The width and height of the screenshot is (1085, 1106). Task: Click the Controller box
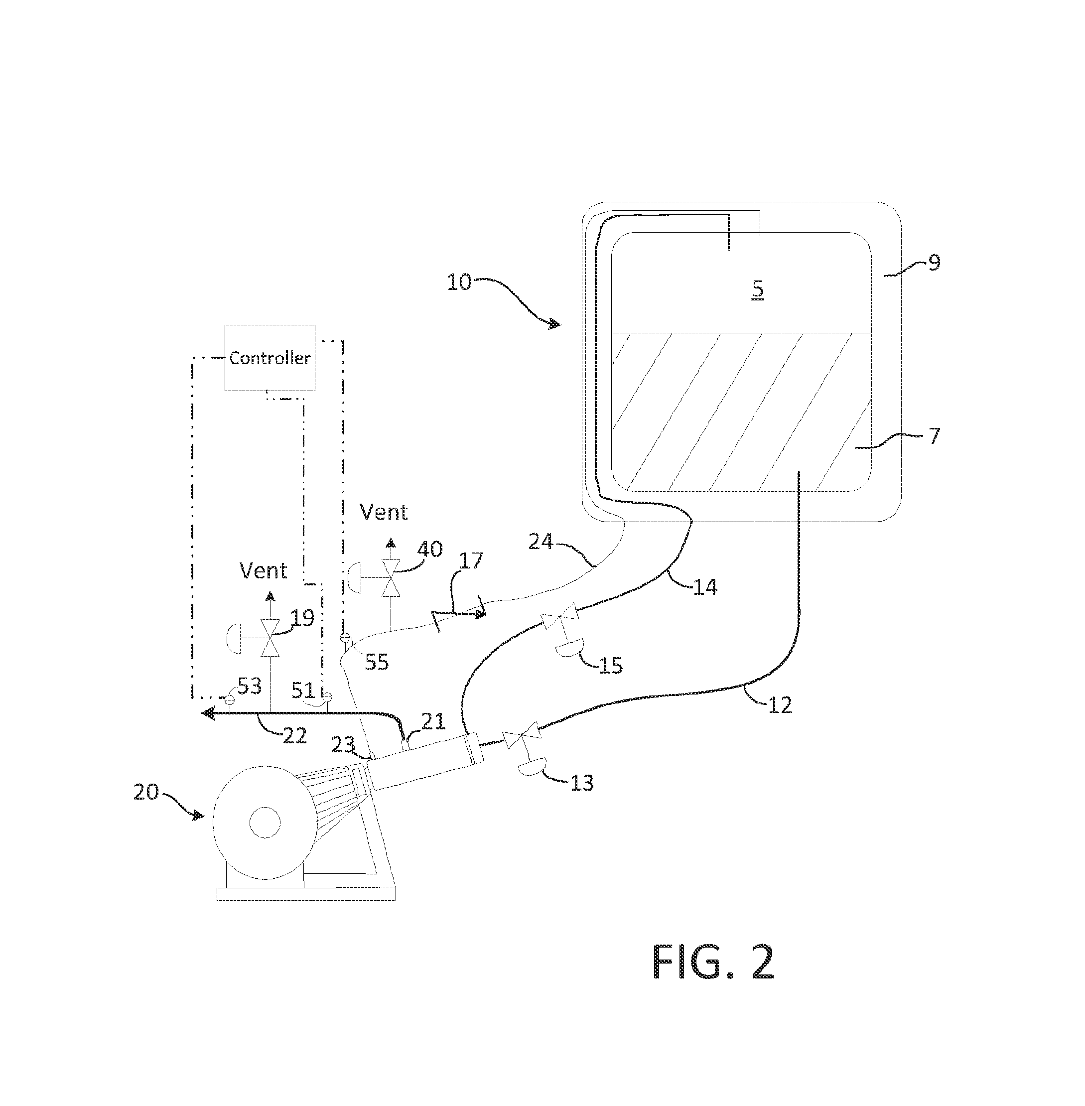tap(270, 358)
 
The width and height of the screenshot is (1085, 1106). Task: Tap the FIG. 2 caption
tap(713, 963)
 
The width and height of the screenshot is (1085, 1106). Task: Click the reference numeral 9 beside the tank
tap(934, 262)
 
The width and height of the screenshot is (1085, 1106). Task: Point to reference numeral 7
tap(935, 436)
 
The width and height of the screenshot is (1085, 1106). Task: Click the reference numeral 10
tap(459, 282)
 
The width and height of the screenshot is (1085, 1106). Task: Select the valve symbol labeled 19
tap(270, 637)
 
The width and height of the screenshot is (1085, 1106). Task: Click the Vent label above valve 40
tap(384, 512)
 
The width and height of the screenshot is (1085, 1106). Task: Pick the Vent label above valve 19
tap(263, 570)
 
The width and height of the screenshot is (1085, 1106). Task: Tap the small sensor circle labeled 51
tap(327, 696)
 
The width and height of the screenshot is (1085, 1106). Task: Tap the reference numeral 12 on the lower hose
tap(780, 705)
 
